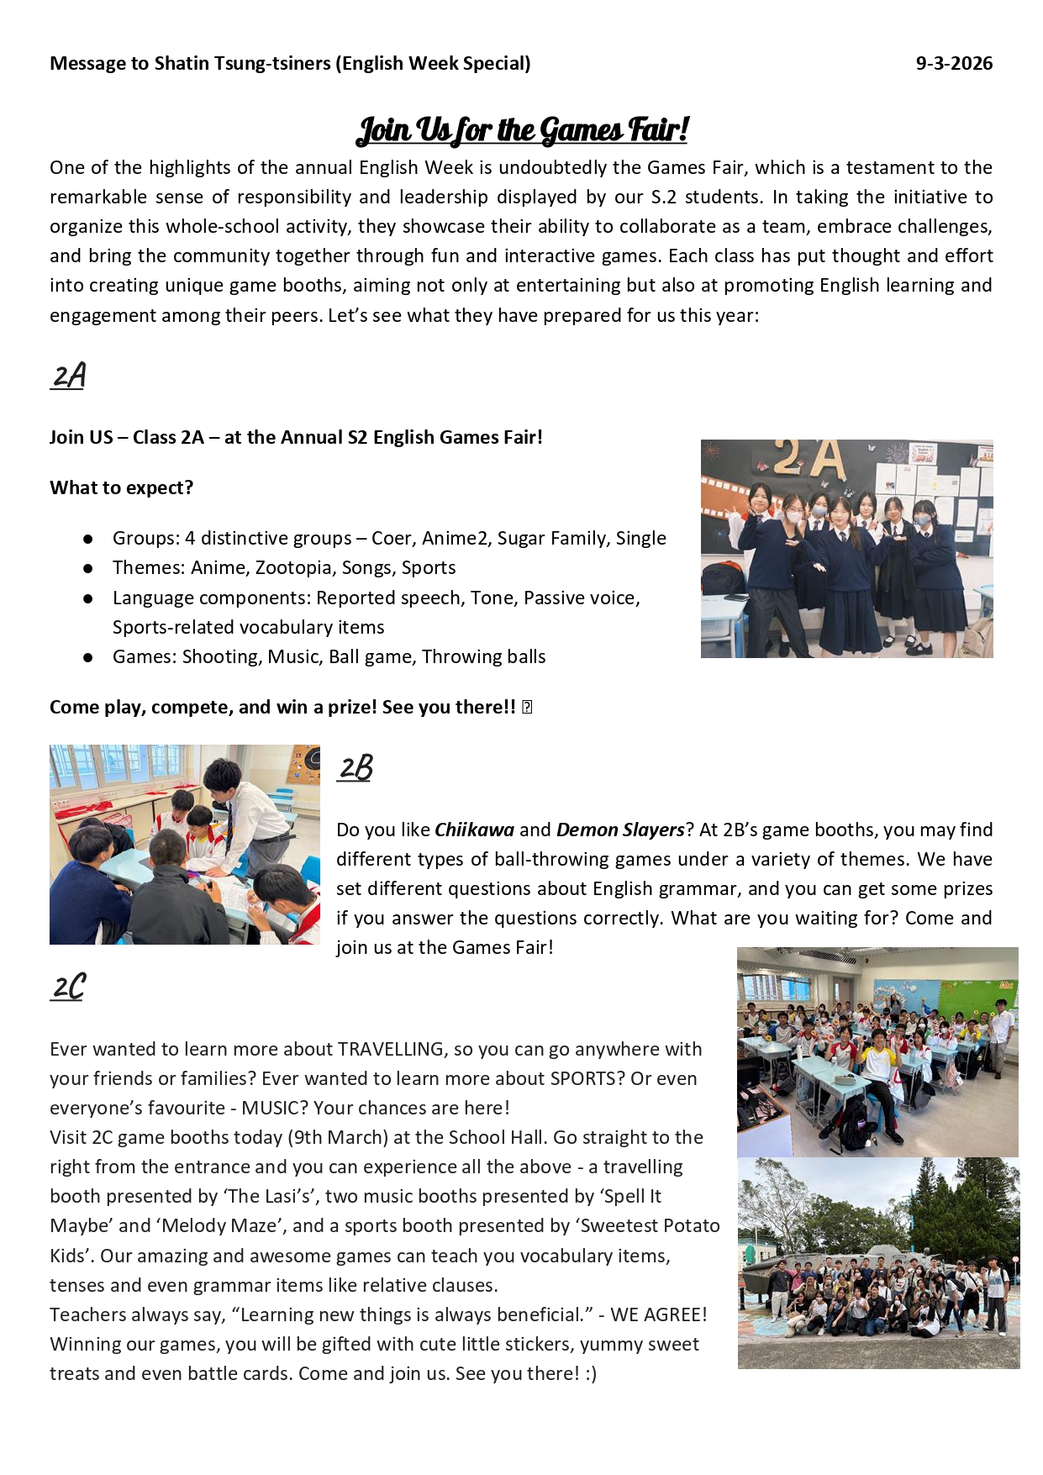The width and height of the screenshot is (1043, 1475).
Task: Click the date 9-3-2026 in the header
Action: [x=954, y=64]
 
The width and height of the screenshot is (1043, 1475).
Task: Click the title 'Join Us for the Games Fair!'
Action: [x=522, y=130]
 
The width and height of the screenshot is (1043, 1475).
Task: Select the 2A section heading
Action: [x=68, y=376]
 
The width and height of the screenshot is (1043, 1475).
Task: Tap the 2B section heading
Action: [x=355, y=767]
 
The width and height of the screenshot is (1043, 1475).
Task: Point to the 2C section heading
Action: [x=68, y=987]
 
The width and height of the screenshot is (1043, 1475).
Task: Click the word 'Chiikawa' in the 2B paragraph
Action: [x=474, y=830]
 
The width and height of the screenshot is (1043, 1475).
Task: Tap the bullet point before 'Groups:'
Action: [x=88, y=539]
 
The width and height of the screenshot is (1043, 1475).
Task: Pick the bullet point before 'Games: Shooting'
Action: [x=88, y=657]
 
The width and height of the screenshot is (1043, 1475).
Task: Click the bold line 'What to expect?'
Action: [x=121, y=488]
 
